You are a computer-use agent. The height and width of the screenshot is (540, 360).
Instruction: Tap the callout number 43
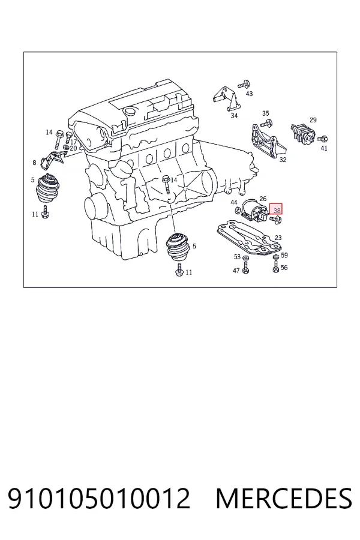click(249, 94)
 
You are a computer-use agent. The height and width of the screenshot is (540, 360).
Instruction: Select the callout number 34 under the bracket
click(234, 116)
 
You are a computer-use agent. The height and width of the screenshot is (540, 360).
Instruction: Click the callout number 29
click(313, 120)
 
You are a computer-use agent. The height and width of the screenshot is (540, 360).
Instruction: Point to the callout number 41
click(324, 148)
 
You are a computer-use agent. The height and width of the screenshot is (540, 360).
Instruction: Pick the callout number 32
click(283, 160)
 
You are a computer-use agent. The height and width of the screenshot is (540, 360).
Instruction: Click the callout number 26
click(263, 199)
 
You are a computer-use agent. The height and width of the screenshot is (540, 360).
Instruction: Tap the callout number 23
click(278, 238)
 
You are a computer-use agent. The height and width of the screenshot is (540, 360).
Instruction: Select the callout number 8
click(34, 163)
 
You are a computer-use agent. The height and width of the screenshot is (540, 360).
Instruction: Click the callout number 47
click(236, 271)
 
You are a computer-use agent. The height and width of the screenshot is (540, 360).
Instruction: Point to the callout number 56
click(284, 268)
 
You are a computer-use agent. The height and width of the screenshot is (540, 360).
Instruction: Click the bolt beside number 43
click(244, 84)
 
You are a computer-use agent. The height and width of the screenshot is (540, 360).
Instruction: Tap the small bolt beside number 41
click(322, 139)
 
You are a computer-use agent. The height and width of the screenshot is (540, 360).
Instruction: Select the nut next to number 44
click(238, 210)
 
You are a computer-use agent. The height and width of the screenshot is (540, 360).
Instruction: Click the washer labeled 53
click(245, 257)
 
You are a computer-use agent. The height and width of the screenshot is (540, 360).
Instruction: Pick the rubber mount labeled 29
click(303, 132)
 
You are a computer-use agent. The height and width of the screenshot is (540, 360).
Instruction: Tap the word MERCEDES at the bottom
click(284, 499)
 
